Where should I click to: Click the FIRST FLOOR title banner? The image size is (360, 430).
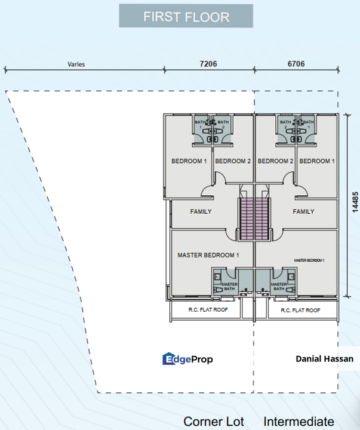click(x=186, y=17)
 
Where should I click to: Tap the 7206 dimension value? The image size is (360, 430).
click(x=208, y=63)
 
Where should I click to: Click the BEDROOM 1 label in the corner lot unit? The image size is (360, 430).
click(x=189, y=161)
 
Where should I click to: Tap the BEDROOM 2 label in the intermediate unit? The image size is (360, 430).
click(x=276, y=161)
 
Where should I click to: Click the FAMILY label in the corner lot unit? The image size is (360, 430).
click(x=201, y=211)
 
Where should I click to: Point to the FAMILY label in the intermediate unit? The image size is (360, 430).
click(x=304, y=211)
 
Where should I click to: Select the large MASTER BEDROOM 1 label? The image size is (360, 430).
click(x=208, y=255)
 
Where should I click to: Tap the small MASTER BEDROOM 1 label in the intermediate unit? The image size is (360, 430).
click(x=309, y=260)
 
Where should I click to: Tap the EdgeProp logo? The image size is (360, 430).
click(x=187, y=359)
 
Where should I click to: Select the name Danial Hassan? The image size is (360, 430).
click(x=324, y=359)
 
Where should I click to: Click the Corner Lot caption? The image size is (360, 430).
click(x=214, y=421)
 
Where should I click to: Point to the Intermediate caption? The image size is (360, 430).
click(x=299, y=421)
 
